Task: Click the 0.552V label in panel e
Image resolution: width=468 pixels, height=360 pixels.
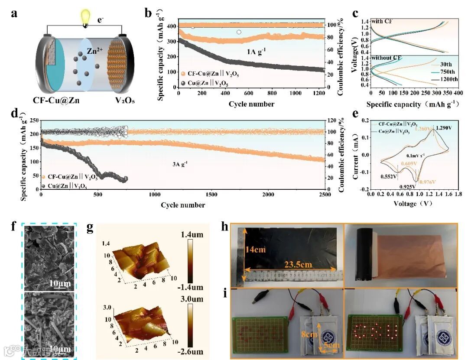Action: pyautogui.click(x=389, y=177)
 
